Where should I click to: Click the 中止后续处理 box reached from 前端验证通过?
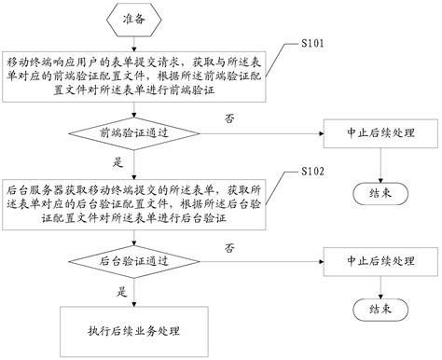(380, 132)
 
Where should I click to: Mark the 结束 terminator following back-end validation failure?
(380, 309)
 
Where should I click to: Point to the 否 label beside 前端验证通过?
(228, 118)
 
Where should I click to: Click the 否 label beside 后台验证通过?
(228, 247)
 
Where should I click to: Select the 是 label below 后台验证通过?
(121, 291)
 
